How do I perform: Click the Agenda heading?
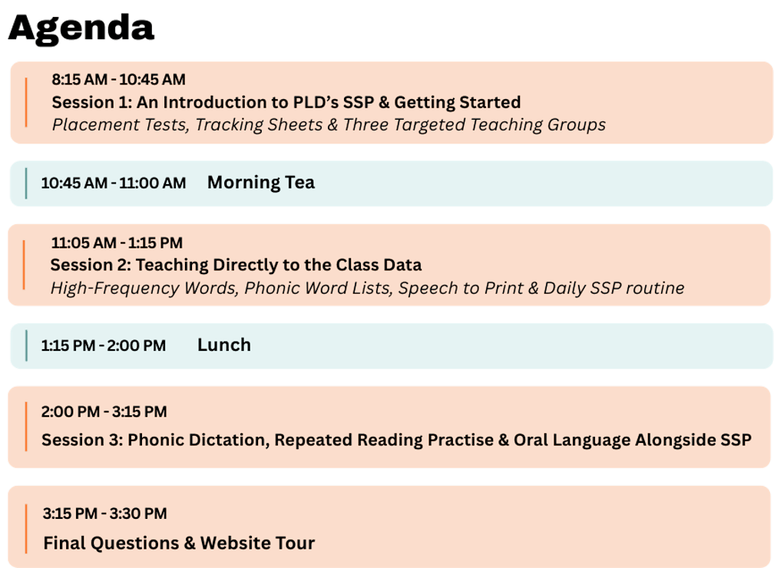(x=81, y=28)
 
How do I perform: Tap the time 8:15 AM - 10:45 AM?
(x=118, y=80)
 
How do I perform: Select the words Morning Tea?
(x=260, y=183)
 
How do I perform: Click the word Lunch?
(x=224, y=345)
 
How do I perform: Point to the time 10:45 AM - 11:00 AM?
(x=114, y=183)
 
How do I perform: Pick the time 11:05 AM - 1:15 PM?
(x=117, y=243)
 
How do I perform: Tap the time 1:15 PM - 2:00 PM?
(x=103, y=345)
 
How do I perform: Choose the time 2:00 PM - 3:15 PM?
(x=104, y=411)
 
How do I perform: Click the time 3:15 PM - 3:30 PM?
(x=104, y=514)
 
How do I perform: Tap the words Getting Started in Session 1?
(x=457, y=102)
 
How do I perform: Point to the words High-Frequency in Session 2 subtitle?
(x=114, y=288)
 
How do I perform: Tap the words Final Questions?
(x=111, y=543)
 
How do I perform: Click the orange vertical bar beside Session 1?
(x=26, y=102)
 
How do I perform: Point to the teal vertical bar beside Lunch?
(x=26, y=345)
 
